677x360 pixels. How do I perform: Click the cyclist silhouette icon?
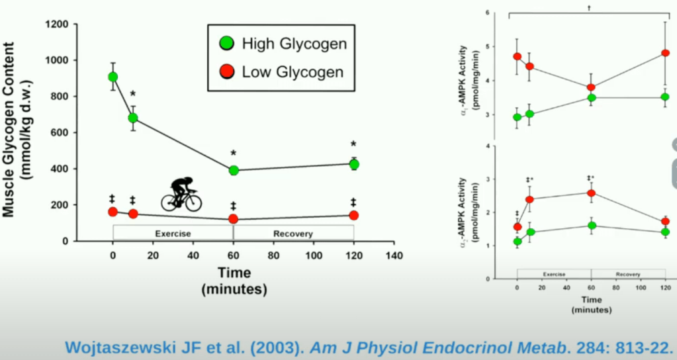[181, 195]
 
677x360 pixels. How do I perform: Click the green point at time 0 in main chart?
[113, 77]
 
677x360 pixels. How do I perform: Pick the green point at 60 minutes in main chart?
[234, 170]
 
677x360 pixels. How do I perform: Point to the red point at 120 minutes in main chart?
[353, 215]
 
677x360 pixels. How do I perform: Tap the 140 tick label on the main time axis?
[394, 255]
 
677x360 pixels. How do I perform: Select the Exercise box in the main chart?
[173, 234]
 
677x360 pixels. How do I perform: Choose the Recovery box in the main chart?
[294, 234]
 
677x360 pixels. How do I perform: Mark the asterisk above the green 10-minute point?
[133, 95]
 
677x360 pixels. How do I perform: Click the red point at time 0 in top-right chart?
[518, 56]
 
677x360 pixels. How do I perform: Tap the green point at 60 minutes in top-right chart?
[592, 97]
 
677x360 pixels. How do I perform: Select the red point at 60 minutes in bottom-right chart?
[592, 193]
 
